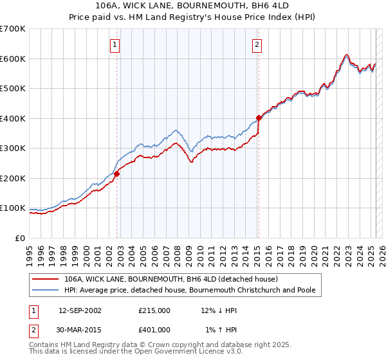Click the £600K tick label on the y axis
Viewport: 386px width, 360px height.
pyautogui.click(x=13, y=59)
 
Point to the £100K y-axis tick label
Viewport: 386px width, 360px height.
pyautogui.click(x=13, y=208)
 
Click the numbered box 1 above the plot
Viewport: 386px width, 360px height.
pyautogui.click(x=115, y=45)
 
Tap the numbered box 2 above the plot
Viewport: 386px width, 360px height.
pyautogui.click(x=257, y=45)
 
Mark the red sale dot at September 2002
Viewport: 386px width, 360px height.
pyautogui.click(x=117, y=174)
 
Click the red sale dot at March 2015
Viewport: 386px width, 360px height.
pyautogui.click(x=259, y=118)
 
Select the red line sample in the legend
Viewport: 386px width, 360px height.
pyautogui.click(x=46, y=279)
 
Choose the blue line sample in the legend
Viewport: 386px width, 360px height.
pyautogui.click(x=46, y=290)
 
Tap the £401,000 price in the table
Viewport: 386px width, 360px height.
pyautogui.click(x=154, y=330)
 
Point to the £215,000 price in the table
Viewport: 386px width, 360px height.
pyautogui.click(x=154, y=310)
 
